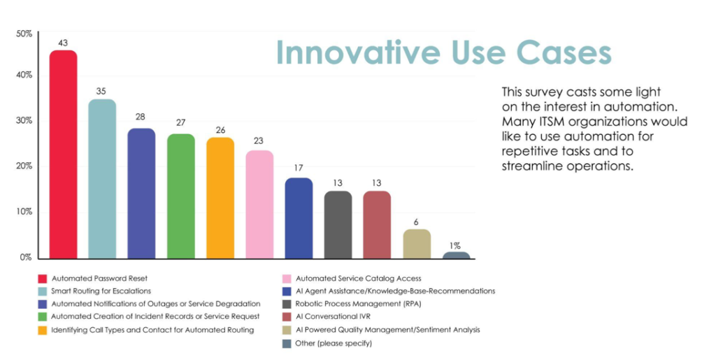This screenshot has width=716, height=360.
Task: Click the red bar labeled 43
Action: tap(63, 154)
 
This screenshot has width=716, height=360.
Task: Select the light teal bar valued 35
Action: tap(102, 179)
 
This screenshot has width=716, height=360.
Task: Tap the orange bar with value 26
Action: tap(220, 198)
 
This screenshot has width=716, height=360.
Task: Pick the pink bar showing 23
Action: tap(259, 204)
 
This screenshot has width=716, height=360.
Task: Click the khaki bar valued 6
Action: tap(417, 244)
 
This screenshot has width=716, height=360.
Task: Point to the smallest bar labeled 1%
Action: tap(456, 255)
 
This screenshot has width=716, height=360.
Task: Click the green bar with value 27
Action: tap(181, 196)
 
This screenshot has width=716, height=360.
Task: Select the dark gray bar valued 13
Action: tap(338, 225)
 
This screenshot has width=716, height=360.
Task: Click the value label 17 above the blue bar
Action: tap(298, 168)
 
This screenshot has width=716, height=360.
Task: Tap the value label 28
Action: tap(140, 117)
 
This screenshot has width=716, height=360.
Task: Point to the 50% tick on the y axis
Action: tap(24, 34)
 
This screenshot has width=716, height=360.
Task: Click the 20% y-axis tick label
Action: tap(24, 166)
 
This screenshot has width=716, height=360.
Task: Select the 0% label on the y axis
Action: tap(26, 257)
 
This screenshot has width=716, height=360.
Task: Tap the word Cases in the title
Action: tap(564, 53)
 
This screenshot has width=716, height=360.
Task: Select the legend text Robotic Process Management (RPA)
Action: tap(358, 303)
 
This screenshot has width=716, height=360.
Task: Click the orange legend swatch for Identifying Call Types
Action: tap(43, 331)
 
